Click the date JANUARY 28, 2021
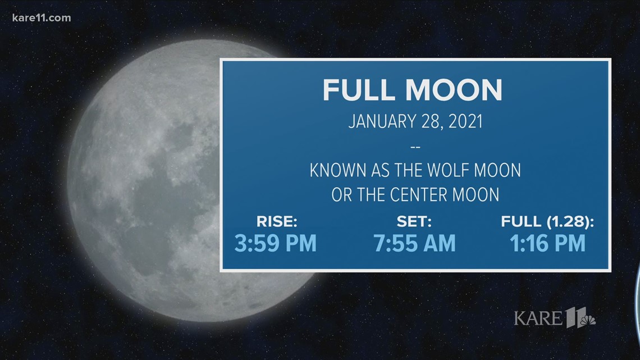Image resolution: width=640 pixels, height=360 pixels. tap(415, 122)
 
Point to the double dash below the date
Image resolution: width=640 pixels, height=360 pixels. tap(415, 147)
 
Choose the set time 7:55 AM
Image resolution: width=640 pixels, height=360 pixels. tap(415, 243)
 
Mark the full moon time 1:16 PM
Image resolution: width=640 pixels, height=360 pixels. tap(548, 243)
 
